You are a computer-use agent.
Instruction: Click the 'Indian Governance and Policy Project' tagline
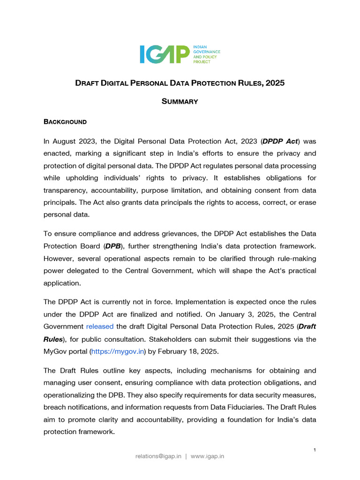(207, 54)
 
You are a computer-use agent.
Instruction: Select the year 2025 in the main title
(275, 83)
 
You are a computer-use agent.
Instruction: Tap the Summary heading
(180, 101)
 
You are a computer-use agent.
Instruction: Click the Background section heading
(65, 122)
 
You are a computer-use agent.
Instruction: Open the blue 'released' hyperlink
(100, 326)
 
